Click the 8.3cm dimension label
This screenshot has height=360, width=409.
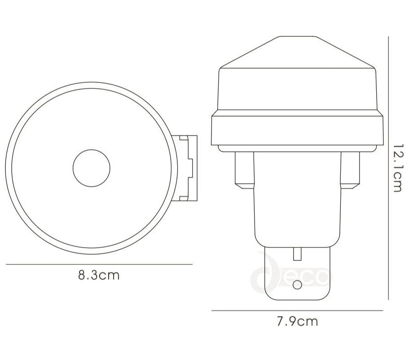[x=99, y=275]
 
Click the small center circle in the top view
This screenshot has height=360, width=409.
[x=92, y=168]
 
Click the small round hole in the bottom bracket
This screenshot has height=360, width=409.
[x=296, y=285]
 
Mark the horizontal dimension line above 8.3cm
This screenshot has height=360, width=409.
[x=99, y=264]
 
